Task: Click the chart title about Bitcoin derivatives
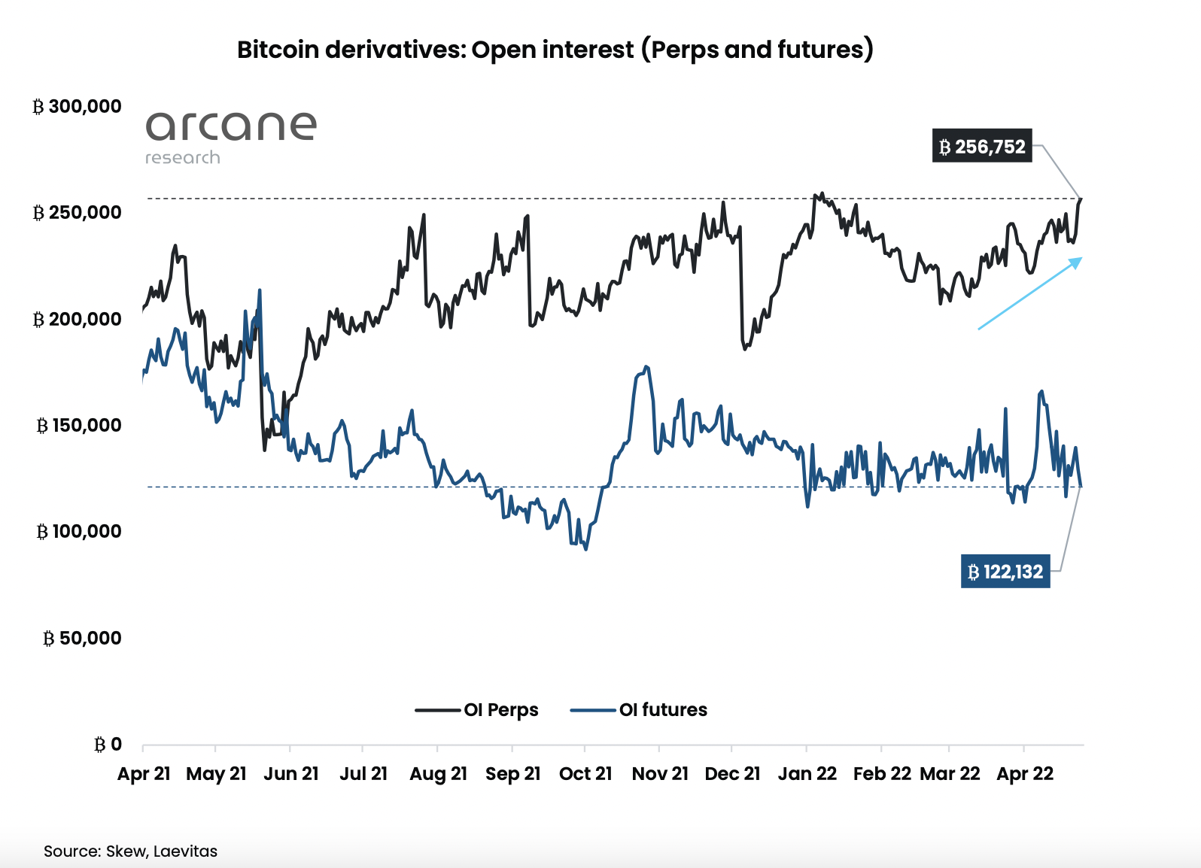point(555,50)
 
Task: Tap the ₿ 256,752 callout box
point(982,147)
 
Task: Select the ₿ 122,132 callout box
point(1005,572)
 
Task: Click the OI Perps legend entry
point(477,710)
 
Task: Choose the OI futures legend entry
point(639,710)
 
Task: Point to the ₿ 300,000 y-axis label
point(77,107)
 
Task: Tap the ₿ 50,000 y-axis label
point(81,639)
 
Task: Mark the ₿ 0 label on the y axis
point(108,745)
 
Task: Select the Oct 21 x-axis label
point(585,774)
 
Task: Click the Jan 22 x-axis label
point(807,774)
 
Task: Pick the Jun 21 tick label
point(291,774)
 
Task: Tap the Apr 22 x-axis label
point(1025,774)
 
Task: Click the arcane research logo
point(230,136)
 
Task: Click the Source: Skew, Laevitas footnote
point(130,851)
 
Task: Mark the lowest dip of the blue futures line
point(586,549)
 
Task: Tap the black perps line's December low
point(744,349)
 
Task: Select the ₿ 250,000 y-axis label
point(77,213)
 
